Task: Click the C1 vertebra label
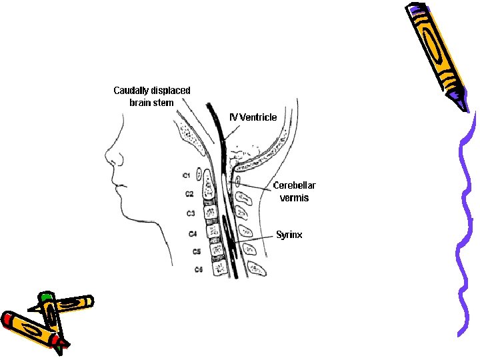click(x=187, y=175)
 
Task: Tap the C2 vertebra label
click(x=189, y=194)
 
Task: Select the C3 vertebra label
click(x=191, y=213)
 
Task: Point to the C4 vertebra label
click(x=193, y=234)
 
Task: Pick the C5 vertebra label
click(x=197, y=251)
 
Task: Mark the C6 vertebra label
click(x=199, y=269)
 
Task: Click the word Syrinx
click(x=289, y=235)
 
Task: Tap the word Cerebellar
click(x=295, y=185)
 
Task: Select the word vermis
click(x=294, y=198)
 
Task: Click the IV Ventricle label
click(x=253, y=117)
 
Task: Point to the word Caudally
click(x=133, y=90)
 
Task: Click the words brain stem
click(x=151, y=103)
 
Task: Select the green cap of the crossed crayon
click(x=45, y=296)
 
